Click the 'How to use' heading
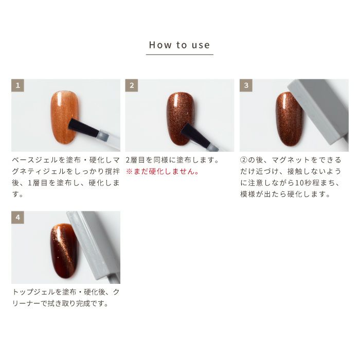[179, 45]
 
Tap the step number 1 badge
[17, 85]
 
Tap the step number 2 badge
[132, 85]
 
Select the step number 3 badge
[246, 85]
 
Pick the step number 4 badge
[17, 218]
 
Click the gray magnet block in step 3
[321, 111]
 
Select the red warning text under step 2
[163, 171]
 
